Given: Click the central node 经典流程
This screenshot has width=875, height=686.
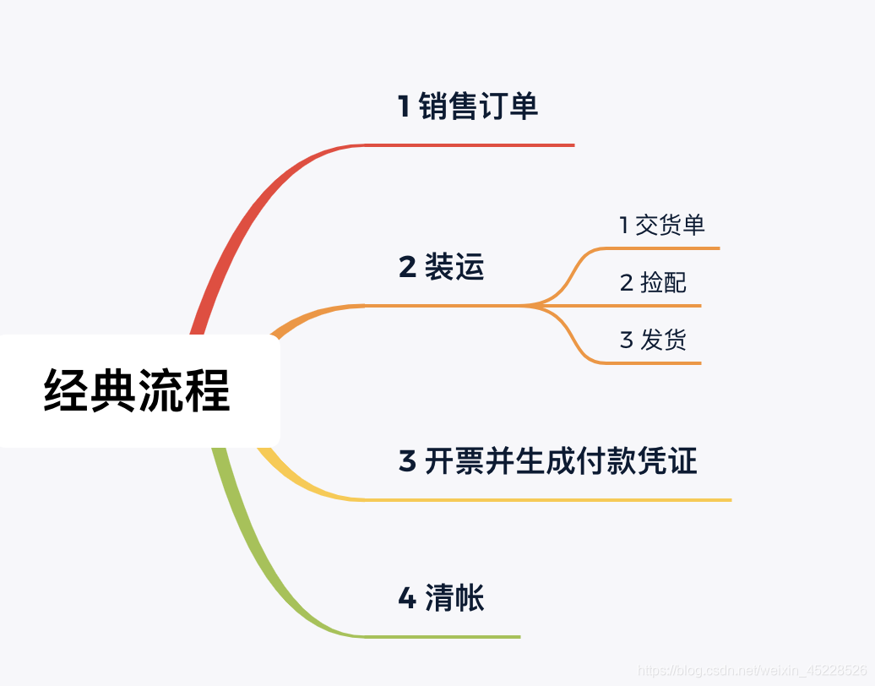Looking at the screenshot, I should coord(137,390).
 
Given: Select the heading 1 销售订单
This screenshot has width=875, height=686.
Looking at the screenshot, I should coord(468,107).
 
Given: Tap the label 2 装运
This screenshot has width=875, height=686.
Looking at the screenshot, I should coord(441,267).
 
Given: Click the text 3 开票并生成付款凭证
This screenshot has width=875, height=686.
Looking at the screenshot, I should coord(547,461).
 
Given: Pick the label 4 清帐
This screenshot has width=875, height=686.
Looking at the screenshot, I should coord(441,598).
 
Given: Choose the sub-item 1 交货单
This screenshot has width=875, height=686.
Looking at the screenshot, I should coord(661,226).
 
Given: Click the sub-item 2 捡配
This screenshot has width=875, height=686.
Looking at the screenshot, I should coord(653,283).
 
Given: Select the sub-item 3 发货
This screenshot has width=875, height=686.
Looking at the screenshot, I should coord(653,340).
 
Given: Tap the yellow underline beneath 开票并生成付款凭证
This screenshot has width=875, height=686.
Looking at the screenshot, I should coord(549,499).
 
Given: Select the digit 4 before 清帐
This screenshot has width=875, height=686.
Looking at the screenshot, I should coord(407,598).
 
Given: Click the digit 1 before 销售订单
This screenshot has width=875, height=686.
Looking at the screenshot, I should coord(404,107).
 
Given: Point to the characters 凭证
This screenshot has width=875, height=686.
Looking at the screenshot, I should coord(673,461).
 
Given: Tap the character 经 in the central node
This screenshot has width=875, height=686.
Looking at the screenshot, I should coord(67,390).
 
